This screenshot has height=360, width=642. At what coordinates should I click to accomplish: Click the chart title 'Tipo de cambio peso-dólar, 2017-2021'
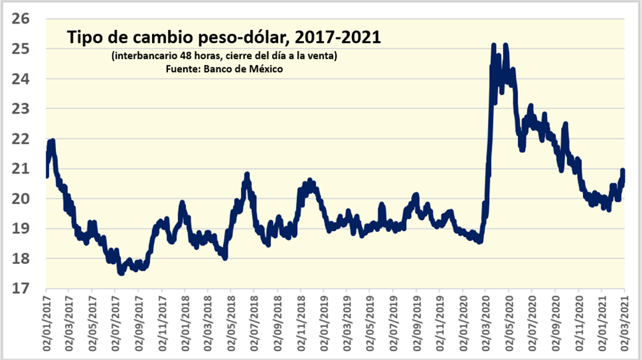tap(224, 38)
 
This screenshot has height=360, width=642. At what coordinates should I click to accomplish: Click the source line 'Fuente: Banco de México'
tap(224, 69)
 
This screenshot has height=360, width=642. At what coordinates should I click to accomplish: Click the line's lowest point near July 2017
tap(121, 272)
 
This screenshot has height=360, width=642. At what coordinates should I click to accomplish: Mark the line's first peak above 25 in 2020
tap(493, 46)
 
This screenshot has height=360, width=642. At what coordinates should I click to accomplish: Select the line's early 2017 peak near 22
tap(52, 141)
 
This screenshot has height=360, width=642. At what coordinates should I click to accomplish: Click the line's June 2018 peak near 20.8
tap(247, 174)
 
